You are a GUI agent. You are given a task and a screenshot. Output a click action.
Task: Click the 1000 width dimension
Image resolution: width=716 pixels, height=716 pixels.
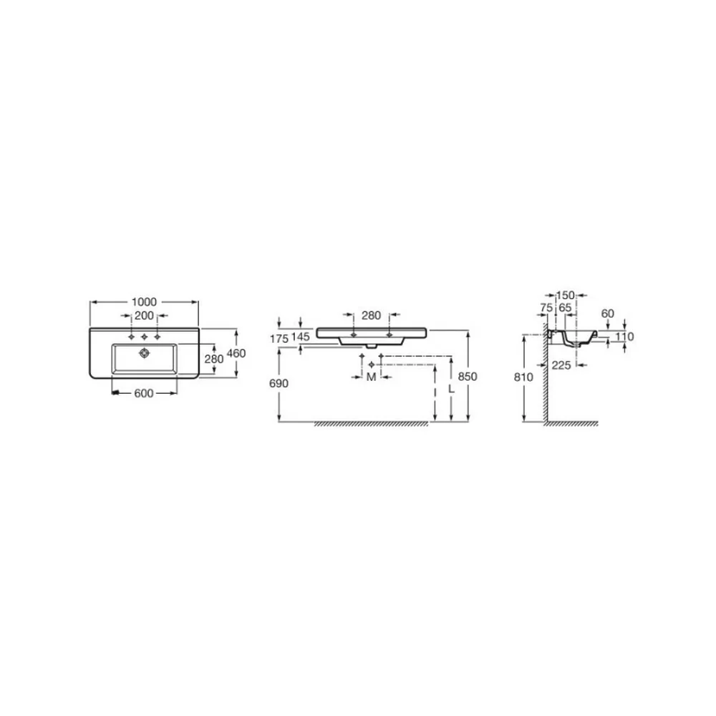145,302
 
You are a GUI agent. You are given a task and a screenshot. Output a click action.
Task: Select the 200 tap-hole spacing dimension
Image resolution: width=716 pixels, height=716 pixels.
145,316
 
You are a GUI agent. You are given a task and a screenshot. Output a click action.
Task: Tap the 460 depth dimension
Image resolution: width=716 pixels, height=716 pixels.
236,354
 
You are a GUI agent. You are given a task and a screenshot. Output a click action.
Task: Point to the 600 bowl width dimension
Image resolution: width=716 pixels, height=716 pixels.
144,393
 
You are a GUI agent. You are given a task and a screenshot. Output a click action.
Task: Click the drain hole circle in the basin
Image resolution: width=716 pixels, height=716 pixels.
145,352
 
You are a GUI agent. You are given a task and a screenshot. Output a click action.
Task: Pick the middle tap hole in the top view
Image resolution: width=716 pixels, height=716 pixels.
145,337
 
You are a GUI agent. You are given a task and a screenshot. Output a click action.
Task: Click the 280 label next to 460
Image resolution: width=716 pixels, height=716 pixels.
214,359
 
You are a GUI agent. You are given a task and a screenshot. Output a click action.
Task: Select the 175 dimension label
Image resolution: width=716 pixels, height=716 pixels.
279,339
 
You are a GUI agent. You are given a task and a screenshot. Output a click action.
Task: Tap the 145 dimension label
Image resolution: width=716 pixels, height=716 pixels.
301,337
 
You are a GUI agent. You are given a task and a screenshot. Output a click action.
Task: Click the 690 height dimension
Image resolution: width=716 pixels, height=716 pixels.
279,383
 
